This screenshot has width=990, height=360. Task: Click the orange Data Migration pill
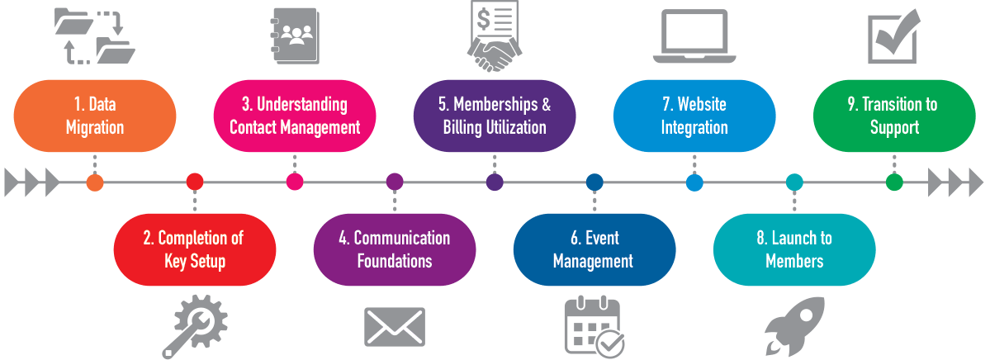[95, 116]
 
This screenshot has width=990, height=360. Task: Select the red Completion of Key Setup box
[195, 249]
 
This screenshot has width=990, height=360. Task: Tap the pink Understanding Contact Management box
[295, 116]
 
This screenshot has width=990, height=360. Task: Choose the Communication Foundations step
[395, 249]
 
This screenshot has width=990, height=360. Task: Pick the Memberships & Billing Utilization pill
[495, 116]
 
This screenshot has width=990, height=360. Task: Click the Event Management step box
[594, 249]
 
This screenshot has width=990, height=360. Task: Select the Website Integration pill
[694, 116]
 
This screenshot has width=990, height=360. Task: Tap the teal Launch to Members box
[794, 249]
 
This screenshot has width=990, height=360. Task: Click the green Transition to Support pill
[894, 116]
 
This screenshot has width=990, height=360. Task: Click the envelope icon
[395, 327]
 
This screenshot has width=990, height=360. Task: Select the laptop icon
[694, 36]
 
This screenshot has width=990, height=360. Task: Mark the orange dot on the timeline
[95, 182]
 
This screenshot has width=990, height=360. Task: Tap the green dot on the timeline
[894, 182]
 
